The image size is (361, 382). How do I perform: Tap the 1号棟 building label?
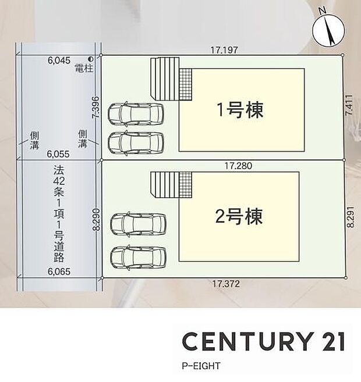[240, 110]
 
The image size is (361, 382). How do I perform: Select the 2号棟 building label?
[239, 216]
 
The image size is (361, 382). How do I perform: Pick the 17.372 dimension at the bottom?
[225, 284]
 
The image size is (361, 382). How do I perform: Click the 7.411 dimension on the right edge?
[349, 108]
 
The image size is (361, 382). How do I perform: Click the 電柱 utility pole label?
[84, 68]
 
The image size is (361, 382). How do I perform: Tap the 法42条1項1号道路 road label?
[58, 214]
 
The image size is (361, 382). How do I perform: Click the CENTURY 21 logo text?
[263, 341]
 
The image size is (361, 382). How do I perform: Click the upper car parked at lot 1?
[136, 114]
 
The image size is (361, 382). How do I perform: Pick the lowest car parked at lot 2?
[138, 255]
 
